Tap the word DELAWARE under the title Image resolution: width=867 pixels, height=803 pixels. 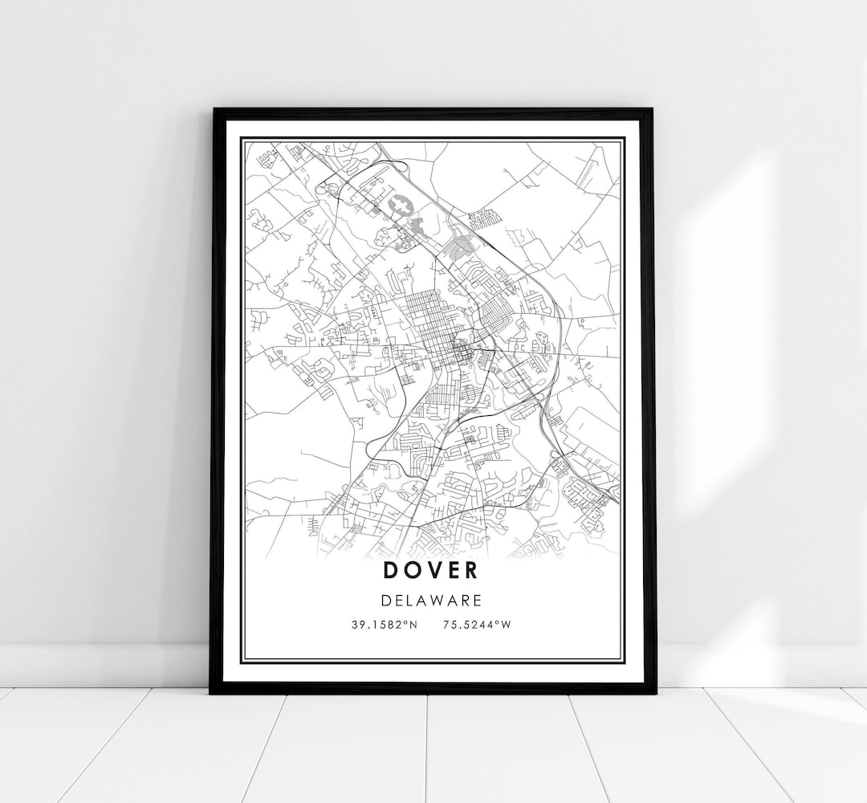[431, 599]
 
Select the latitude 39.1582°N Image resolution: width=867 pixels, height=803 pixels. [385, 625]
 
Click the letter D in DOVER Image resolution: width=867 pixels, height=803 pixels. [391, 570]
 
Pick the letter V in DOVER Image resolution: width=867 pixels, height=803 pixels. [431, 570]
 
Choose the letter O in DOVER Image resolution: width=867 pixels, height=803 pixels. [410, 570]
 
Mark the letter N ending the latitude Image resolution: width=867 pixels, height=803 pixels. [413, 625]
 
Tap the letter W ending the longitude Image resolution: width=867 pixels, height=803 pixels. [505, 625]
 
